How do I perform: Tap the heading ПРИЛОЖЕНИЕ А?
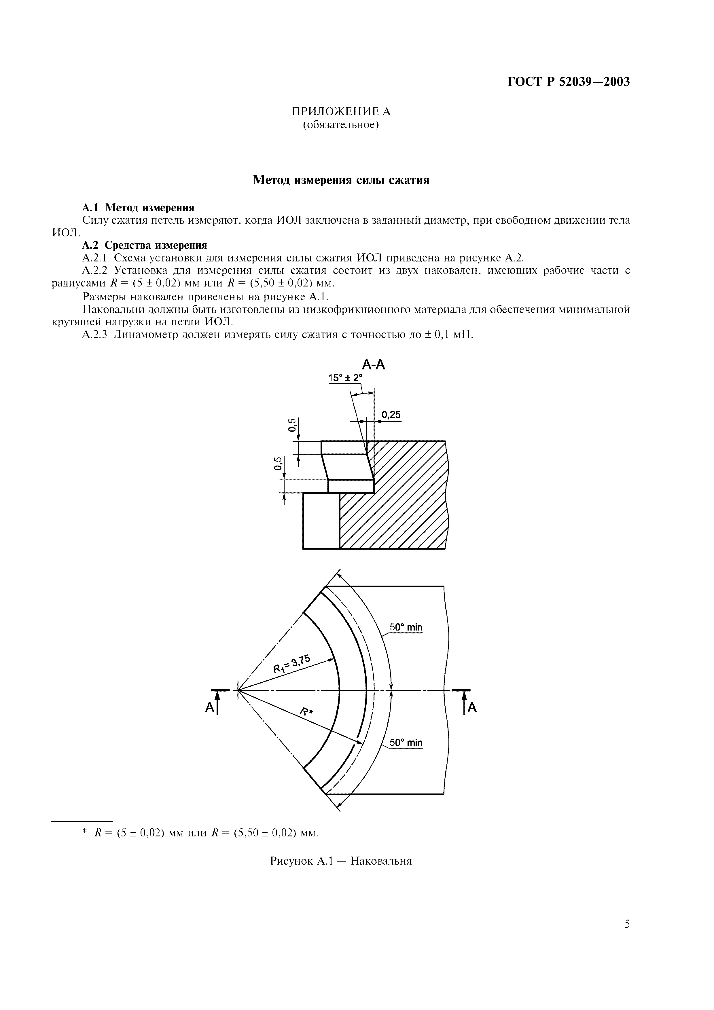[341, 111]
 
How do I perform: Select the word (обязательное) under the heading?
[341, 125]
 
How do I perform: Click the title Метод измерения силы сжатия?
[341, 180]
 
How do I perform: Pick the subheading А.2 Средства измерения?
[145, 245]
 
